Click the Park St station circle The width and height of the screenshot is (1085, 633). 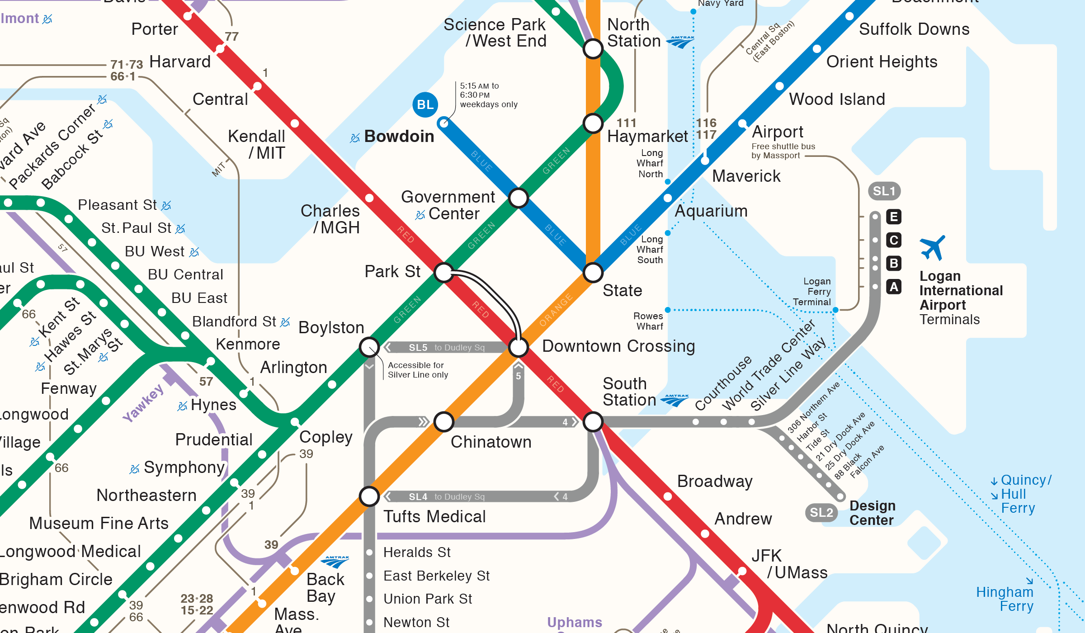click(444, 272)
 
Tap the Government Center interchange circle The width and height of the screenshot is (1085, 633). click(518, 198)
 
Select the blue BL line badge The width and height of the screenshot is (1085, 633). click(425, 105)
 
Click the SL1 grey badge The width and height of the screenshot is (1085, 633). click(884, 191)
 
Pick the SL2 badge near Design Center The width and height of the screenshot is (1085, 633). click(821, 512)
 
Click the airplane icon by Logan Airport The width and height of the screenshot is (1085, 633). click(932, 247)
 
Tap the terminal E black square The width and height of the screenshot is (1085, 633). click(894, 217)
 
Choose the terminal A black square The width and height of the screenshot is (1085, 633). click(894, 287)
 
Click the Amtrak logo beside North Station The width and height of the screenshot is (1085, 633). click(680, 42)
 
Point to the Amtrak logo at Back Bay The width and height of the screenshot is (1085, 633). click(335, 562)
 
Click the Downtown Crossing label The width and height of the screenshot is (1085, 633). click(618, 346)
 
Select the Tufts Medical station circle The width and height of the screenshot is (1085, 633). click(369, 496)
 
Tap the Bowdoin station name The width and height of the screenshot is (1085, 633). click(399, 136)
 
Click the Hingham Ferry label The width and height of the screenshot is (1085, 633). click(1005, 599)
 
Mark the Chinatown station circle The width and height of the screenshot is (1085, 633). click(444, 421)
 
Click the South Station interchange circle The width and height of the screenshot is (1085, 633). click(593, 421)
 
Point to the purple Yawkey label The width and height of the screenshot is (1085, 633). click(143, 403)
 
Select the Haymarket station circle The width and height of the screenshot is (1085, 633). click(593, 123)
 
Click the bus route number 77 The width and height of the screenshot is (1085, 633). click(231, 37)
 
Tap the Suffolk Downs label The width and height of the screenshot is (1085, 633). click(914, 29)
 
